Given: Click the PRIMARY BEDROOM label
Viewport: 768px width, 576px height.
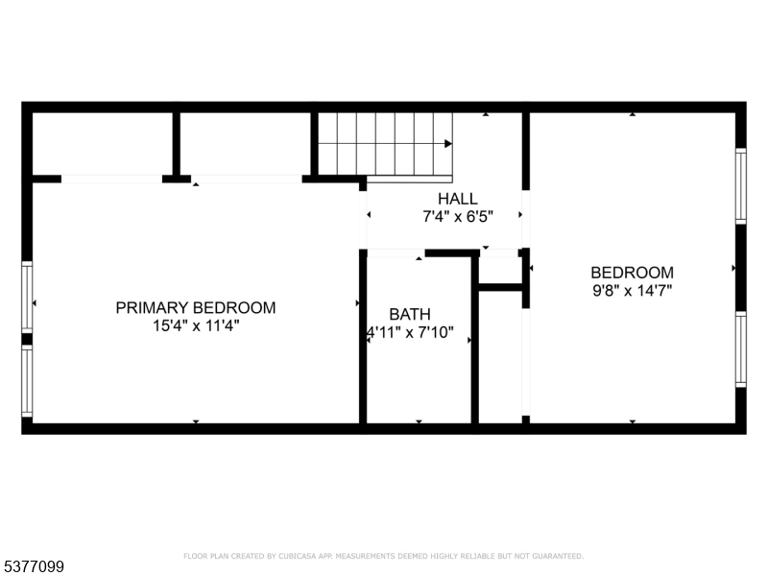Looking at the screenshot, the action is [x=196, y=307].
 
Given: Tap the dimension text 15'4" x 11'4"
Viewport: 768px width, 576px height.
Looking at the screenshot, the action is [x=196, y=325].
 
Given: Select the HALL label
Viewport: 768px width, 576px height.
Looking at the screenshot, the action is [x=458, y=199].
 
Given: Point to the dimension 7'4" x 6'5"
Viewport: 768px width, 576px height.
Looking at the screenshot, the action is [x=458, y=217].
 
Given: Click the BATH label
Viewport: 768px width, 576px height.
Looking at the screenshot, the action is [x=410, y=314].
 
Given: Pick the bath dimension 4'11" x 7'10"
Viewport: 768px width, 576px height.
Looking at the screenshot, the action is [x=411, y=332].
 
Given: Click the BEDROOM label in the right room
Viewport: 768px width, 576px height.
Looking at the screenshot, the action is [x=632, y=273].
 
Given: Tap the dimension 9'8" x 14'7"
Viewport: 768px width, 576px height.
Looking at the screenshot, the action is [x=632, y=291].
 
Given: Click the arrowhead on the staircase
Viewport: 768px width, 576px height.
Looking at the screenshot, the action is [x=447, y=143].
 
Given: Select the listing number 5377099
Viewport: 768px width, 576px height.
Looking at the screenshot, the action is [x=32, y=566].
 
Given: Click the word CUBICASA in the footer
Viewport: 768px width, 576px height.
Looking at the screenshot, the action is [x=297, y=556].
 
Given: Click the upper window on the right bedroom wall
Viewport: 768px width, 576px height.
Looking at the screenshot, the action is [x=740, y=186].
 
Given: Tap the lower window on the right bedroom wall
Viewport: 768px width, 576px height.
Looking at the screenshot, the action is [x=740, y=349].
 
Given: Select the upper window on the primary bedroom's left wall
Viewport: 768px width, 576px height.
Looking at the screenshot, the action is [x=27, y=298].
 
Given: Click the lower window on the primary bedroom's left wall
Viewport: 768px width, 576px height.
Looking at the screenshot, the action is [x=27, y=381].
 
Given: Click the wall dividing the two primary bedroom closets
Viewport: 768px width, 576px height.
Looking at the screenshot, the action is [x=177, y=144].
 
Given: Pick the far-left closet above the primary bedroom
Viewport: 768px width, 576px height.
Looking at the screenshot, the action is [x=103, y=144].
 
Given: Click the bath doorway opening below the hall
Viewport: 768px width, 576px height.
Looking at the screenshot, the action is [x=396, y=253].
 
